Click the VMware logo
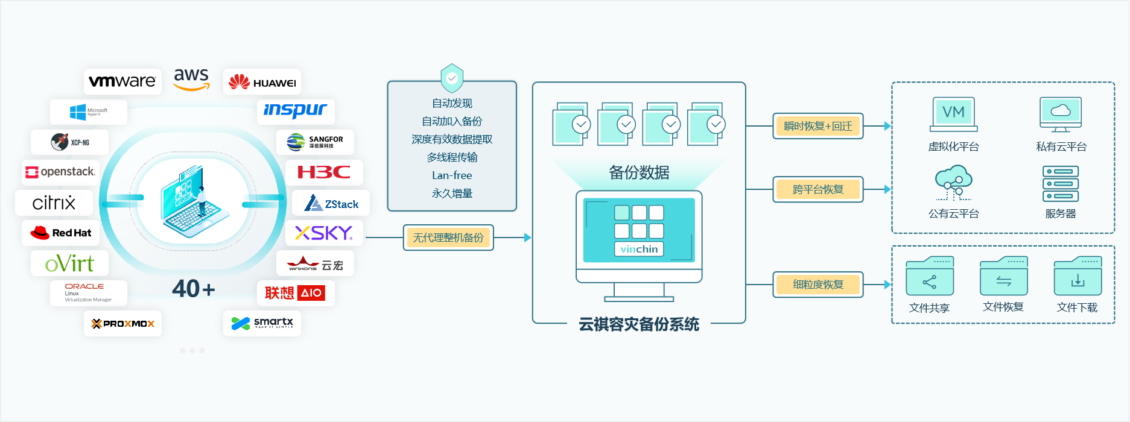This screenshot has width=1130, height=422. (x=122, y=81)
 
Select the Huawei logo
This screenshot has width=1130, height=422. (x=262, y=82)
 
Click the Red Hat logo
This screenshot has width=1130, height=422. (x=61, y=233)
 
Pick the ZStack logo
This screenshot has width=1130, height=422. (x=331, y=203)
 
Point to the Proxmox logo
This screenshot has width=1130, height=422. (x=122, y=324)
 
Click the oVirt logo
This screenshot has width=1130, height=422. (x=69, y=263)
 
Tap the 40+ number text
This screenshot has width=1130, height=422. (x=193, y=289)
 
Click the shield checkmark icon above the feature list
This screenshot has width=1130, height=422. (x=452, y=78)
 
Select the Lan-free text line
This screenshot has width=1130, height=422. (x=452, y=175)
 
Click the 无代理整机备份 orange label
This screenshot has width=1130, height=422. (x=448, y=238)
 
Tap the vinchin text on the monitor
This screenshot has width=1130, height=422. (x=639, y=249)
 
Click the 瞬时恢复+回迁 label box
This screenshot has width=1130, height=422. (x=817, y=126)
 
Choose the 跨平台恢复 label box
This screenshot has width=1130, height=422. (x=817, y=189)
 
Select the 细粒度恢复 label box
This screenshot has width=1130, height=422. (x=817, y=285)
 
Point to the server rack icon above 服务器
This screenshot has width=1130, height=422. (x=1060, y=184)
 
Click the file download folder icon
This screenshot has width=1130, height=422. (x=1077, y=277)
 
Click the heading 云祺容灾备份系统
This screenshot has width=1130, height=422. (x=639, y=324)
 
